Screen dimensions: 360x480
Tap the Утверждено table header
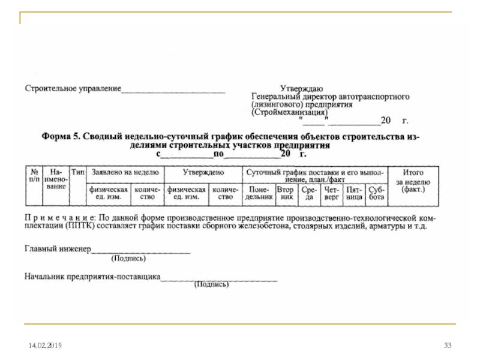[203, 172]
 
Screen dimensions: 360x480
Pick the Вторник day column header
[286, 192]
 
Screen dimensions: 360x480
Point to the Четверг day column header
[332, 192]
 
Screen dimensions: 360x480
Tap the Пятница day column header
[354, 192]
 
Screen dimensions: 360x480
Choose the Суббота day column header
[377, 192]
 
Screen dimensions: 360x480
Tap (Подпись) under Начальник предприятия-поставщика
[211, 286]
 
